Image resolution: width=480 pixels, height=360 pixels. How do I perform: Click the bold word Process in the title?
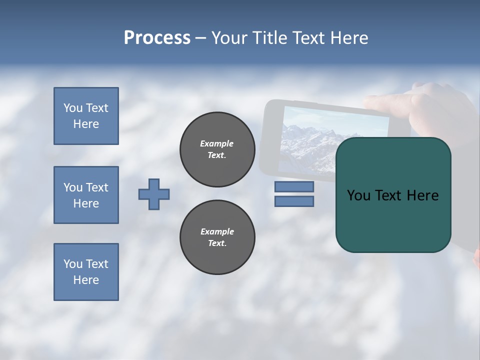157,38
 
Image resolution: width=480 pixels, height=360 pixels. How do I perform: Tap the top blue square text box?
86,116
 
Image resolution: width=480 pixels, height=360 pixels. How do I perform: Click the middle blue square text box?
86,195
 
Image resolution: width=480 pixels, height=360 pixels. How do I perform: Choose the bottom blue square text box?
86,272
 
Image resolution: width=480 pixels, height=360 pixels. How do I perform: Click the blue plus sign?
154,194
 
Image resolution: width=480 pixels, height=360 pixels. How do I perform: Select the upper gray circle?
217,149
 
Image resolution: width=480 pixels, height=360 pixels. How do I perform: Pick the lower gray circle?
217,237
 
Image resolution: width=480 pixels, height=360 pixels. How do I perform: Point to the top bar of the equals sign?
294,186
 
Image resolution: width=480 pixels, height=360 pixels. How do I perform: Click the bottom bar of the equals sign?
294,201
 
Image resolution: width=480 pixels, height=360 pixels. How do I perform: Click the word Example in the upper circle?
217,144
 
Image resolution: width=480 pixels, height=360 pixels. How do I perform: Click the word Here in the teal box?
422,195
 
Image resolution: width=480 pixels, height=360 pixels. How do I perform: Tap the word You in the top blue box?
73,108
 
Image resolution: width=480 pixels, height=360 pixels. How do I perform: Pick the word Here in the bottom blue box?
86,280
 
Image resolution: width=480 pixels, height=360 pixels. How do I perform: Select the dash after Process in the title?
200,38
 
